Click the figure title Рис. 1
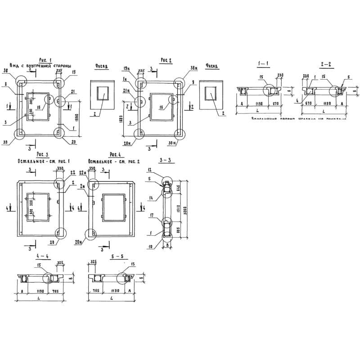coord(46,60)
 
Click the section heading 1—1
coord(263,63)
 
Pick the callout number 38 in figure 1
coord(11,71)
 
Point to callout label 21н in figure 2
coord(127,90)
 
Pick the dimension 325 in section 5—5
coord(94,261)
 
